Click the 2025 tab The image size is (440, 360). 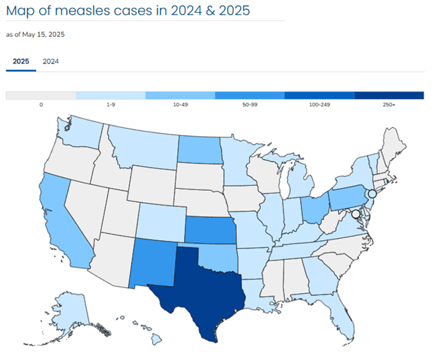coord(21,61)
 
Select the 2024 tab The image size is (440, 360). coord(51,61)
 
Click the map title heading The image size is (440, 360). coord(128,12)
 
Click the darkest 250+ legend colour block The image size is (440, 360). coord(389,95)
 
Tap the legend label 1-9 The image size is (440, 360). coord(110,104)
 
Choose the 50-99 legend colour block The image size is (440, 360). coord(250,95)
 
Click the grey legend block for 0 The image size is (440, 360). coord(40,95)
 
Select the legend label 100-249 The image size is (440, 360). coord(319,104)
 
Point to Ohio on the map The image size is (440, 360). coord(315,209)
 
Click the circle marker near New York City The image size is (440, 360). coord(372,193)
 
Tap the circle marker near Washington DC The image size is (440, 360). coord(355,213)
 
